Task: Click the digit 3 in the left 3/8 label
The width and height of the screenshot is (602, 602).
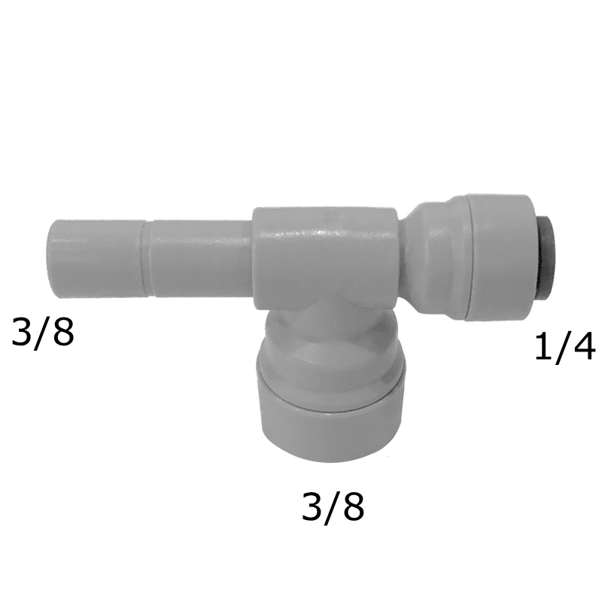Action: click(x=23, y=331)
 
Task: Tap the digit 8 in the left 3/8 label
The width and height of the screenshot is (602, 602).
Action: click(x=63, y=331)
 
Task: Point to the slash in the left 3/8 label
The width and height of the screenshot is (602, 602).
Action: click(x=44, y=333)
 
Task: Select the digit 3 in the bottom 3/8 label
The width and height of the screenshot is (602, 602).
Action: click(x=313, y=506)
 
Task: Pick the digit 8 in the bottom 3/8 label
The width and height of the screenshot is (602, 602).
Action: click(x=353, y=506)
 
